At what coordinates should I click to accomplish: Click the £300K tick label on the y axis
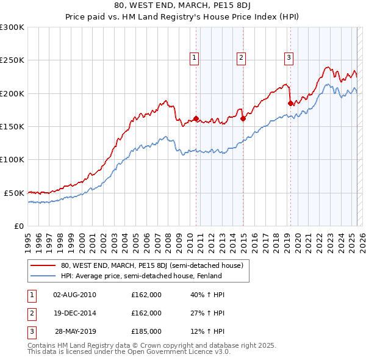point(12,27)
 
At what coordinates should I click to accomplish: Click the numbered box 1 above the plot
point(194,58)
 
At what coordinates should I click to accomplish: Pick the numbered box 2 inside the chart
point(242,58)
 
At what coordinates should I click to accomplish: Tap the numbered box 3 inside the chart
point(288,58)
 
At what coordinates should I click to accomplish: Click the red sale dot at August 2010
point(196,118)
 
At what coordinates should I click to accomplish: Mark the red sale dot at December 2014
point(243,118)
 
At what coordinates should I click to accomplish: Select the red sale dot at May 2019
point(290,104)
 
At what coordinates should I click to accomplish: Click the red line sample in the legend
point(43,266)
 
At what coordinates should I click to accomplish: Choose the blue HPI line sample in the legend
point(43,276)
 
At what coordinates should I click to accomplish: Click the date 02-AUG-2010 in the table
point(74,295)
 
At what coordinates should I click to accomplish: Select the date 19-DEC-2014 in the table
point(74,313)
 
